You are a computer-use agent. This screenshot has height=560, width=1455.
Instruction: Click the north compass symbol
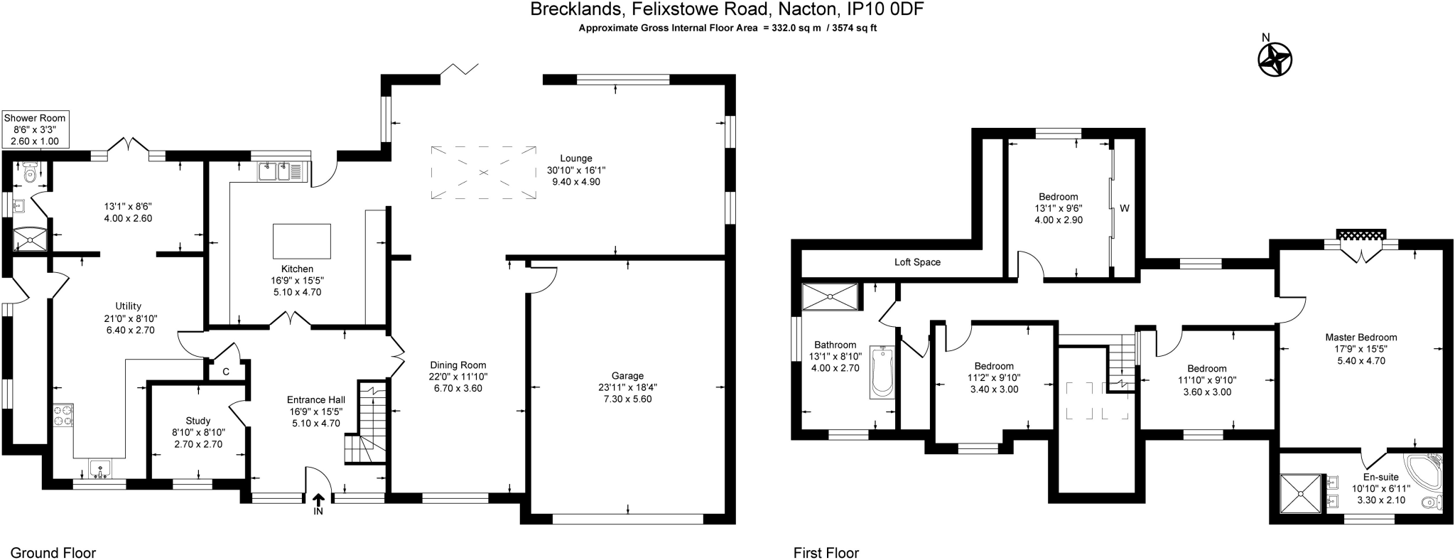point(1275,59)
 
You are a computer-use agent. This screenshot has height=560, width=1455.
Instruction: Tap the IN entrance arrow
point(318,502)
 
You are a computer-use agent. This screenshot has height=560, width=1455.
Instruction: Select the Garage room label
point(627,376)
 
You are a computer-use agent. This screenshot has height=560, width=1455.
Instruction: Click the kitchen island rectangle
point(302,241)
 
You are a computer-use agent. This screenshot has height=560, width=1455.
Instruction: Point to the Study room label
point(198,421)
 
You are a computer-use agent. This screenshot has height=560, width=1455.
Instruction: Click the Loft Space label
point(917,262)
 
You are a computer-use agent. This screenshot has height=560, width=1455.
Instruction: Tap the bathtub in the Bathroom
point(882,372)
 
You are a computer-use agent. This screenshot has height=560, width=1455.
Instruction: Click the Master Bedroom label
point(1361,338)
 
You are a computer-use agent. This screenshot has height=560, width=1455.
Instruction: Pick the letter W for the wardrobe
point(1125,209)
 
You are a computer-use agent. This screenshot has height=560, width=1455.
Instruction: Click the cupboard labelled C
point(226,372)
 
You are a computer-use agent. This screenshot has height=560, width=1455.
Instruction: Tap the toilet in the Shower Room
point(30,173)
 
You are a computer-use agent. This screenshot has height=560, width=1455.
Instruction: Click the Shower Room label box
point(35,129)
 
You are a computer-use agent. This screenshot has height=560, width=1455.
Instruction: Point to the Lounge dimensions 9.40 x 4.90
point(576,182)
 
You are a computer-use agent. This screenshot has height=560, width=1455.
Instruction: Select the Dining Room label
point(458,365)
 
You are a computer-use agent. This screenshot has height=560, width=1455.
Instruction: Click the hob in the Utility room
point(63,414)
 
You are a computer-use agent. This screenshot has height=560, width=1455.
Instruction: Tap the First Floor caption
point(826,553)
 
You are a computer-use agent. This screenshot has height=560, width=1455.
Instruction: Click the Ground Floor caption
point(53,553)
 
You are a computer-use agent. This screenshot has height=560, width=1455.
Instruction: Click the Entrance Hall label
point(316,399)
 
